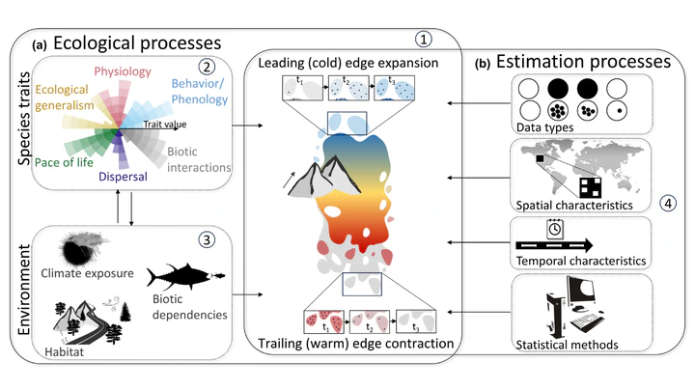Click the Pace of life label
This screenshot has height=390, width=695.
(x=65, y=161)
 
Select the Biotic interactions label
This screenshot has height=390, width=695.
(x=198, y=159)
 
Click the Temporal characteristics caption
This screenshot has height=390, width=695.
(x=580, y=262)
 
